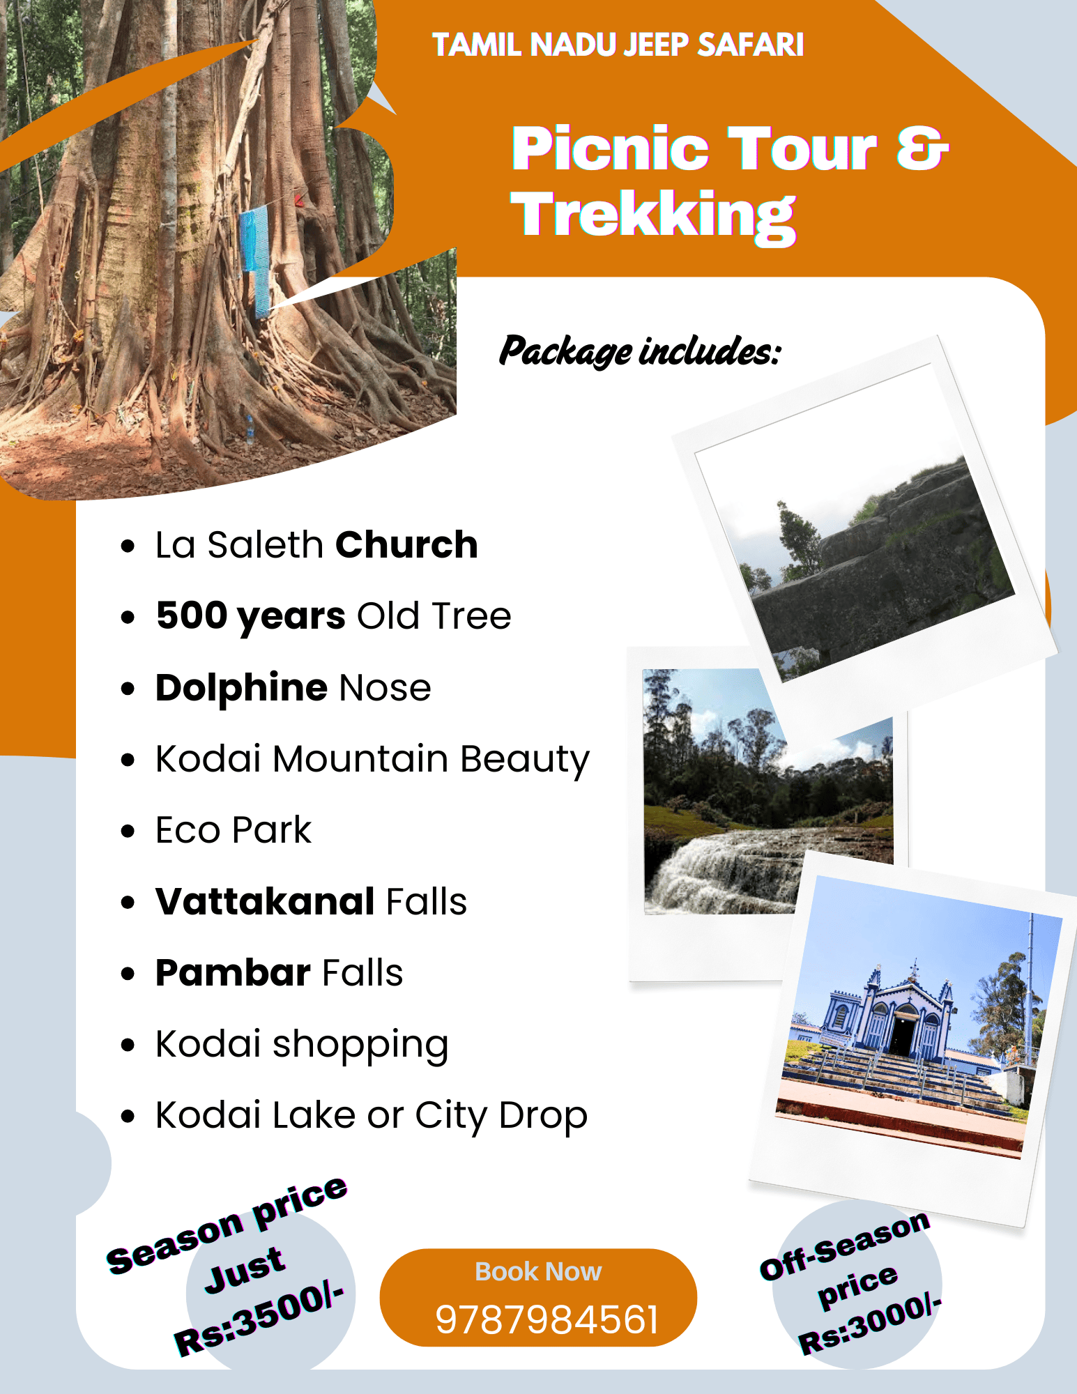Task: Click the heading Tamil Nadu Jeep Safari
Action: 618,45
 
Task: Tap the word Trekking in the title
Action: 653,215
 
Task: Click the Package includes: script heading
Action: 640,351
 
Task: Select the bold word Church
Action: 406,544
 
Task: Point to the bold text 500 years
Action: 251,616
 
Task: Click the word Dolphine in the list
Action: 241,688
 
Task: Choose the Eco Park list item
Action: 234,830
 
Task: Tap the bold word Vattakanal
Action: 266,901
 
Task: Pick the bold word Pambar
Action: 233,972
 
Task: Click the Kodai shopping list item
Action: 302,1044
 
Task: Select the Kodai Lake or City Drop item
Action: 372,1115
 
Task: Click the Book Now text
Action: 538,1271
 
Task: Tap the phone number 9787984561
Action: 547,1320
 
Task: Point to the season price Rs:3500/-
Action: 259,1320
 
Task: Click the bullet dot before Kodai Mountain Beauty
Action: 127,760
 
